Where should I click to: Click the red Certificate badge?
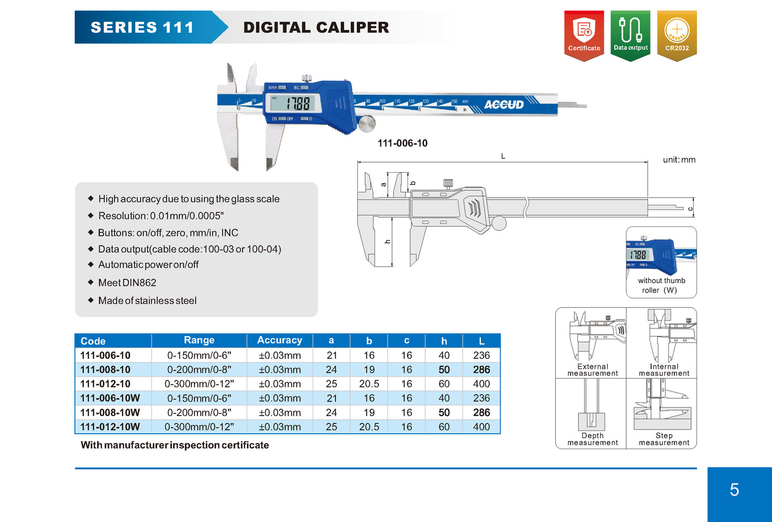(584, 35)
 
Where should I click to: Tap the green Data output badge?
(630, 35)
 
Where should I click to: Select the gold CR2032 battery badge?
(677, 35)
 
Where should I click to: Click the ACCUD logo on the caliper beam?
(503, 104)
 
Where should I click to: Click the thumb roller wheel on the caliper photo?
(366, 124)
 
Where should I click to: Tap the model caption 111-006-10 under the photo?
(402, 143)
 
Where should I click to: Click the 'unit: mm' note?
(679, 159)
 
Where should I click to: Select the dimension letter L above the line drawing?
(503, 156)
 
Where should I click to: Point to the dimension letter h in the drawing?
(387, 241)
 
